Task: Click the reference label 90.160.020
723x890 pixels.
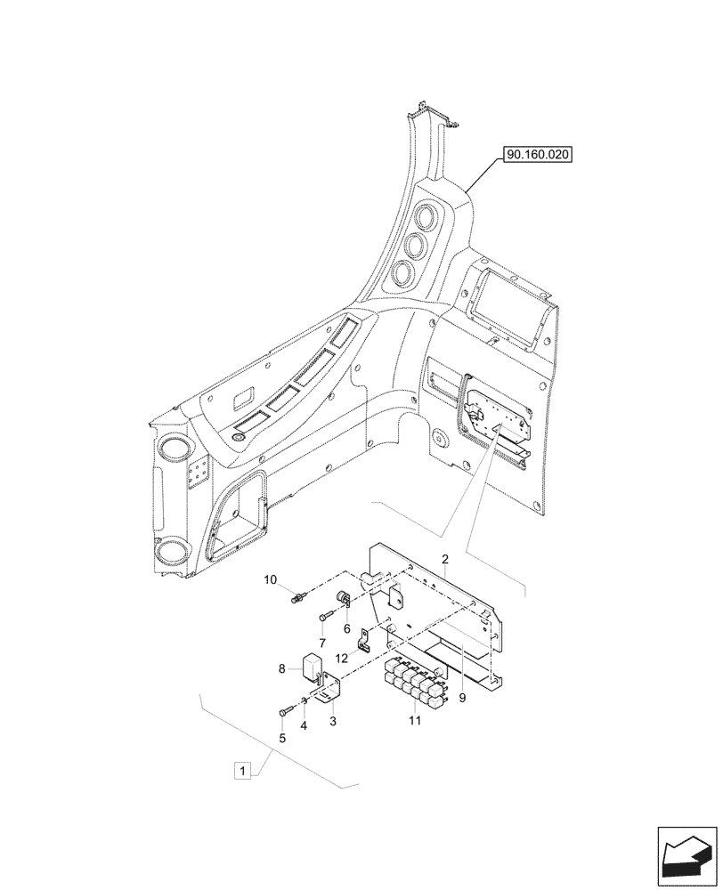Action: pos(537,154)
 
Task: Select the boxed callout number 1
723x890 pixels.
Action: pos(240,769)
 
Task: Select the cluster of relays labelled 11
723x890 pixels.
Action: pos(413,680)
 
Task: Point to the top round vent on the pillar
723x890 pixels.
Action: pos(427,219)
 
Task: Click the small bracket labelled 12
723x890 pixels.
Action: pos(362,639)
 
